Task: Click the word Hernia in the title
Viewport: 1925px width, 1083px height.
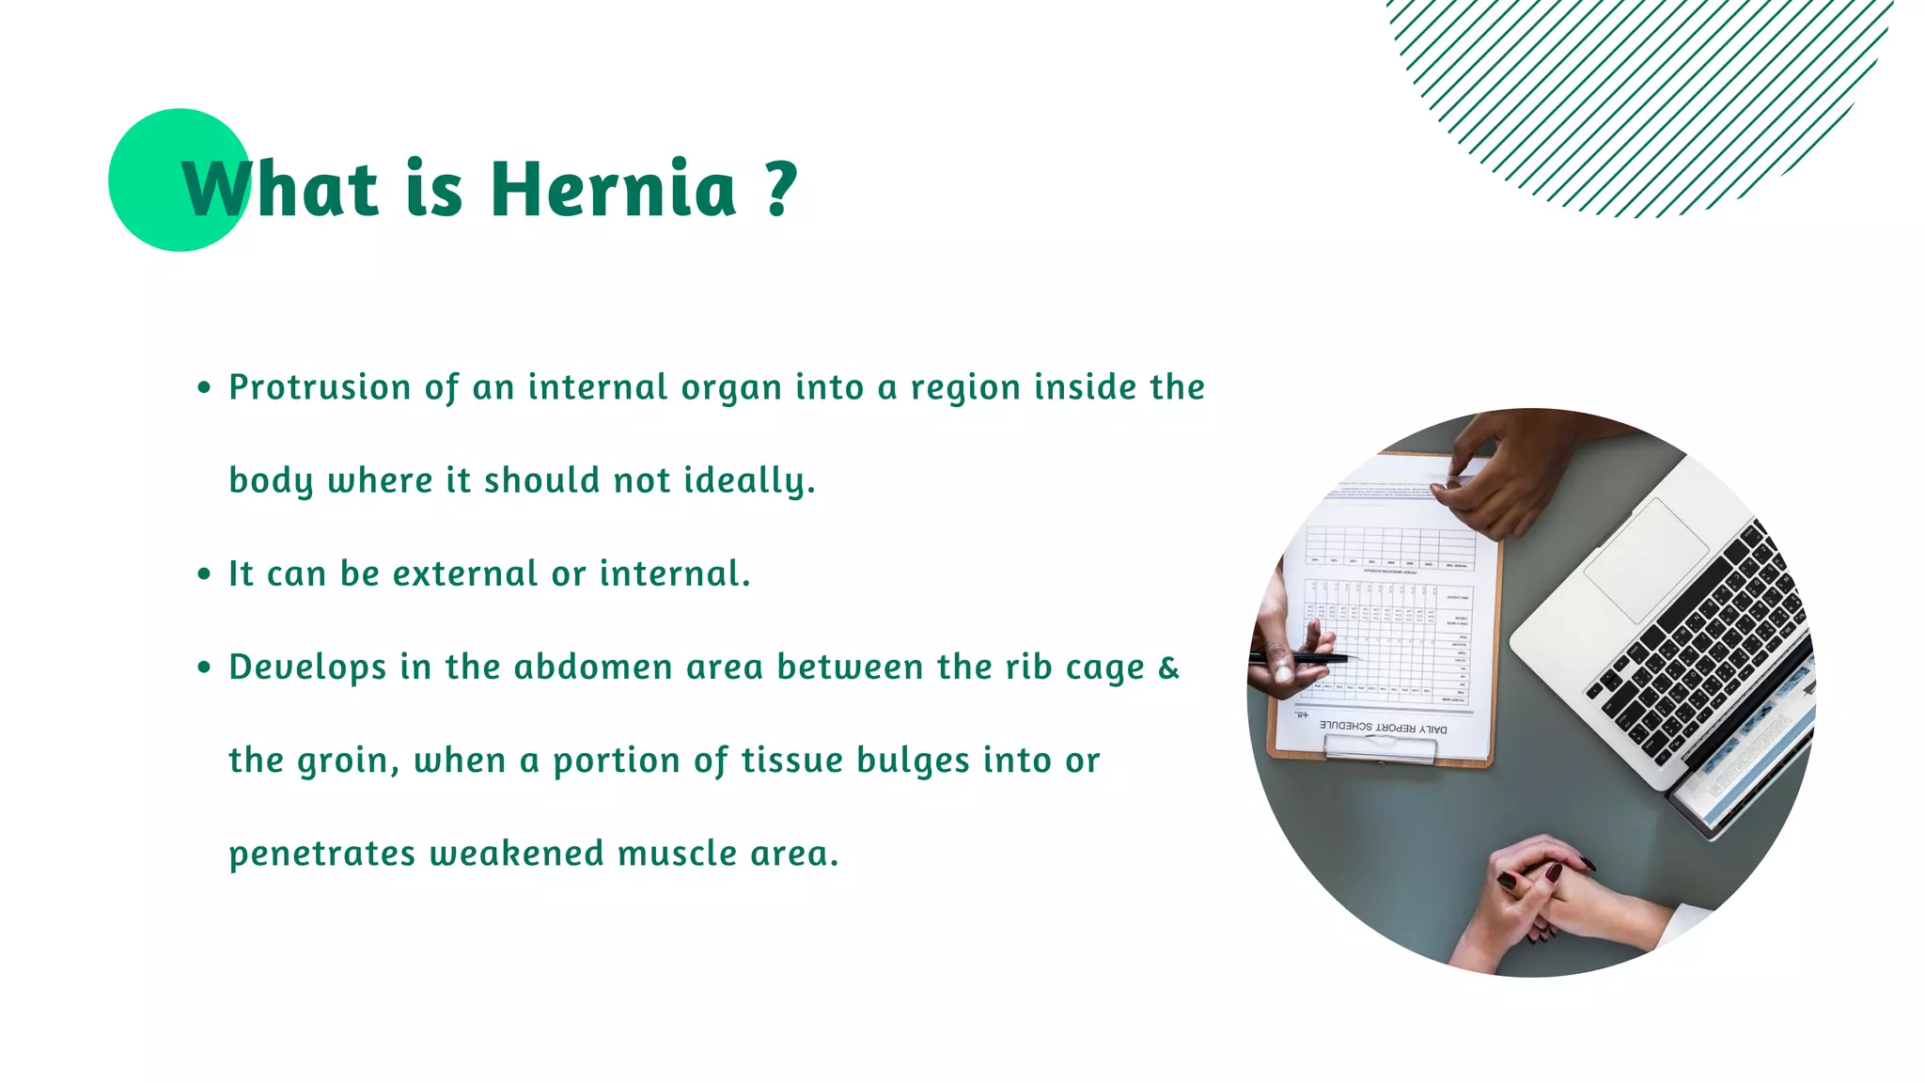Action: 613,189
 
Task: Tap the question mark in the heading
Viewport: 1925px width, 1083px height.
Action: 780,189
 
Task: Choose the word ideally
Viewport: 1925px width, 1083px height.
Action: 748,480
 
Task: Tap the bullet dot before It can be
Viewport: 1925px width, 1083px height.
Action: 204,574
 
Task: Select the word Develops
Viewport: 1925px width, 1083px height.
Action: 307,667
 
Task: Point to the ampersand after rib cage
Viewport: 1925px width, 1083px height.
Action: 1168,667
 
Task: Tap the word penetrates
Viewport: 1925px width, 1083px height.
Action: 321,854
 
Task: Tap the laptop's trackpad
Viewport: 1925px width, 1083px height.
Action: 1646,559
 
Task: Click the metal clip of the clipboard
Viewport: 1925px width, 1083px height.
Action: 1380,747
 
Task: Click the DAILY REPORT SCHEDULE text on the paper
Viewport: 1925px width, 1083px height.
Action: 1383,727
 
